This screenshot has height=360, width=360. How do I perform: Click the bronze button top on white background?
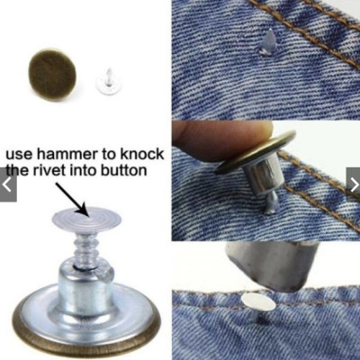click(52, 75)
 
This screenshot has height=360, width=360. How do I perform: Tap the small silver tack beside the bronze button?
click(106, 83)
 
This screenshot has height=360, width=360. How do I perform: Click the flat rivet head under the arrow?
click(86, 220)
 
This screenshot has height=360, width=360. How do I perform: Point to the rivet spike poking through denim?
click(267, 42)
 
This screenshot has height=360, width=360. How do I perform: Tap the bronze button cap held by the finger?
click(256, 151)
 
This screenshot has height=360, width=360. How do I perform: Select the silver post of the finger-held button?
click(263, 177)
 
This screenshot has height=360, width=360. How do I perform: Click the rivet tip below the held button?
click(272, 203)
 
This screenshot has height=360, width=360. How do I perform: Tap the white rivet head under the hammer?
click(258, 301)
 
